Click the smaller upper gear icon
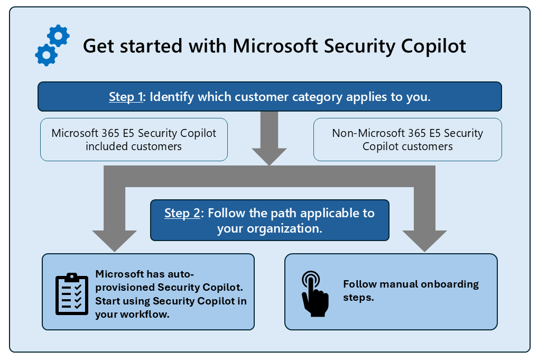[58, 35]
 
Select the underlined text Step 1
[126, 97]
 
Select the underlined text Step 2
[182, 213]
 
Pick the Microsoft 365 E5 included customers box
[134, 140]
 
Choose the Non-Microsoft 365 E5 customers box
[407, 140]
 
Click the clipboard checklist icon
[72, 294]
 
